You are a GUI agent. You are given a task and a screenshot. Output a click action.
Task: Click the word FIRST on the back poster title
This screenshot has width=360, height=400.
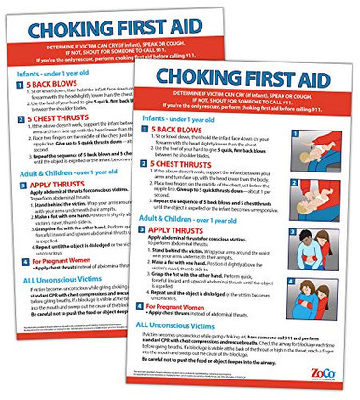(x=144, y=29)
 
